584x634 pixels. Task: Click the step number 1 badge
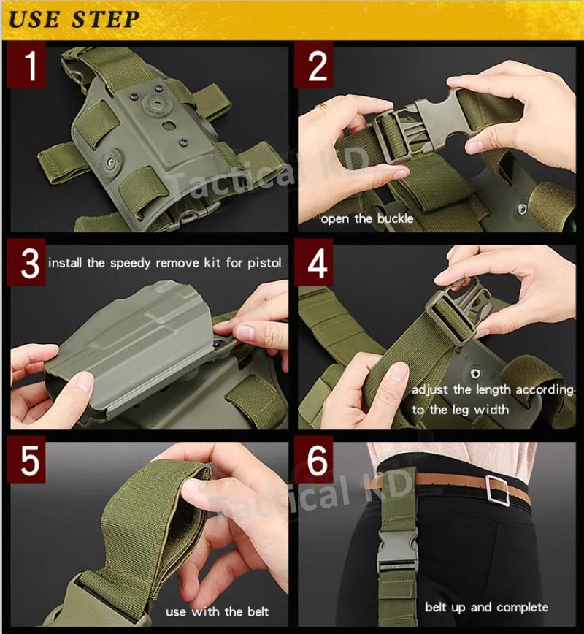[26, 65]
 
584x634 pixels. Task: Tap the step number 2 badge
[314, 65]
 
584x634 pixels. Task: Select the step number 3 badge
[26, 262]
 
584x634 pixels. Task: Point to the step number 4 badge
[314, 262]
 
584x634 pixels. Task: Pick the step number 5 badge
[26, 459]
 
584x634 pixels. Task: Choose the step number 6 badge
[314, 459]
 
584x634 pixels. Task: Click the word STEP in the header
[106, 20]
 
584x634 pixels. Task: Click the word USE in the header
[34, 20]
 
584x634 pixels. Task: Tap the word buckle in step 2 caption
[395, 218]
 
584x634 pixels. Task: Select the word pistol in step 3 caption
[264, 263]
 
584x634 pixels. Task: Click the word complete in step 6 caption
[522, 607]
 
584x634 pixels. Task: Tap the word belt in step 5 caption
[258, 611]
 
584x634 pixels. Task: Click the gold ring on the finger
[323, 107]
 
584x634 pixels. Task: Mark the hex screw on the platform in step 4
[476, 373]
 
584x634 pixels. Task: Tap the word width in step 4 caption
[491, 410]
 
